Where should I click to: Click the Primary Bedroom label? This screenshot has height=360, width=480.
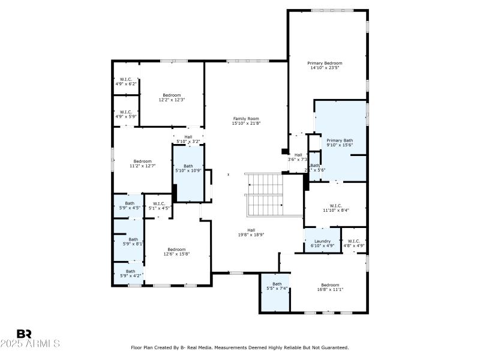[325, 63]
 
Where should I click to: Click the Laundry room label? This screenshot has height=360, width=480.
[322, 241]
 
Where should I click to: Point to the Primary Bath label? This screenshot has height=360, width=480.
[340, 140]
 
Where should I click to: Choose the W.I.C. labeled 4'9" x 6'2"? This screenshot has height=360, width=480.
[126, 79]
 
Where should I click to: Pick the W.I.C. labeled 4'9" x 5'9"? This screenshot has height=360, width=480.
[126, 112]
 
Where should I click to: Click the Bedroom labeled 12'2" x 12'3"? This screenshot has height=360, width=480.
[172, 95]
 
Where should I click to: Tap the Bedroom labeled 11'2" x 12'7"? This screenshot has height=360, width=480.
[142, 161]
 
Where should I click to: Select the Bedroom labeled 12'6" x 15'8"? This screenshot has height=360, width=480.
[176, 250]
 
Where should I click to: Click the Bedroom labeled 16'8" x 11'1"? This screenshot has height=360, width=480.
[329, 285]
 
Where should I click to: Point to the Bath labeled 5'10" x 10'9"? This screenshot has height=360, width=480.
[188, 166]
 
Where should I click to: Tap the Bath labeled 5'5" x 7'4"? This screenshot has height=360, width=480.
[277, 284]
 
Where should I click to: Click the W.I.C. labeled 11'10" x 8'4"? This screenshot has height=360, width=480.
[335, 205]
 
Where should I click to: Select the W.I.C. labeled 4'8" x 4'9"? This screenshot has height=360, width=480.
[354, 241]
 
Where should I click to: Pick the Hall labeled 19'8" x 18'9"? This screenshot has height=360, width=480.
[251, 230]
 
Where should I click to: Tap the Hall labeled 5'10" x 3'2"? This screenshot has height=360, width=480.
[188, 137]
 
